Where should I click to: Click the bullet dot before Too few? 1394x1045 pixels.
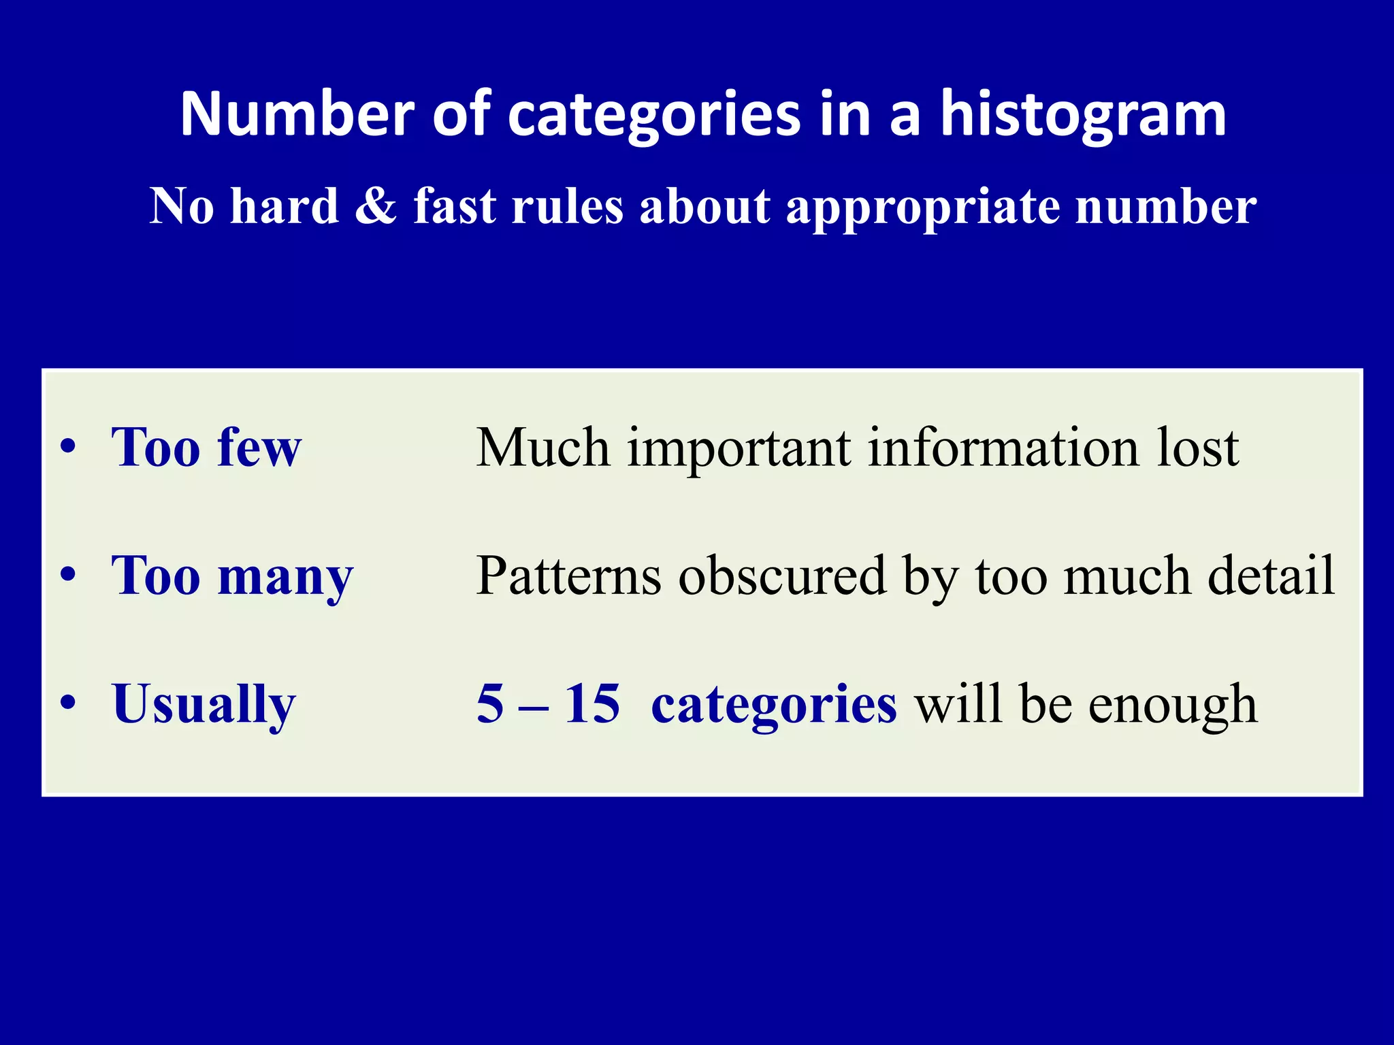(x=67, y=448)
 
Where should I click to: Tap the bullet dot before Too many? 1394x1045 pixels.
(x=67, y=576)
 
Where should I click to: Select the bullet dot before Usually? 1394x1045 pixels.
(x=67, y=703)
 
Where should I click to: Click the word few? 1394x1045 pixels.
(x=259, y=448)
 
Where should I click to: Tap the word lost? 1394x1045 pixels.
(x=1198, y=448)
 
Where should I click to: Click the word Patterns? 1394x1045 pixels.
(x=568, y=576)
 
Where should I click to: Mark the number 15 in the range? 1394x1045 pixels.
(x=592, y=703)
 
